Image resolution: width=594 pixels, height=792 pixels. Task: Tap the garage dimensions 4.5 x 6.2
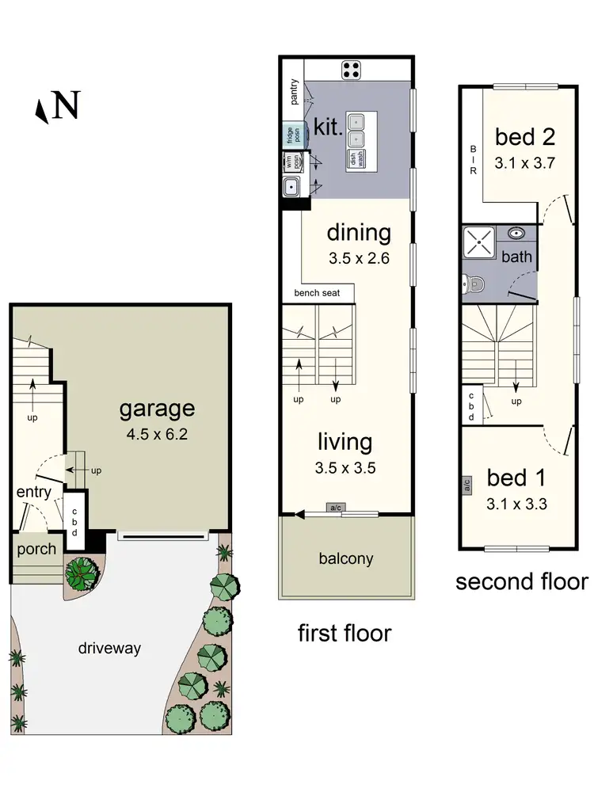(x=157, y=434)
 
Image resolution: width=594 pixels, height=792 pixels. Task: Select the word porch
(x=36, y=549)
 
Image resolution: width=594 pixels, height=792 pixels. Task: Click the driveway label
(x=109, y=648)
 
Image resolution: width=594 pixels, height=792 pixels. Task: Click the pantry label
(x=294, y=92)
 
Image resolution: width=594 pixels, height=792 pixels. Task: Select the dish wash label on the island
(x=355, y=158)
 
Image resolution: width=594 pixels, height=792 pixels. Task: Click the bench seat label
(x=317, y=293)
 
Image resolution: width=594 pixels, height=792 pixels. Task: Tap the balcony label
(x=345, y=558)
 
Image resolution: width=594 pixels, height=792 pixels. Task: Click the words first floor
(x=345, y=633)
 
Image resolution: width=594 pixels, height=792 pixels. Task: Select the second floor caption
(x=521, y=582)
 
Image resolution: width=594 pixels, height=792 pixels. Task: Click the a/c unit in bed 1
(x=467, y=483)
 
